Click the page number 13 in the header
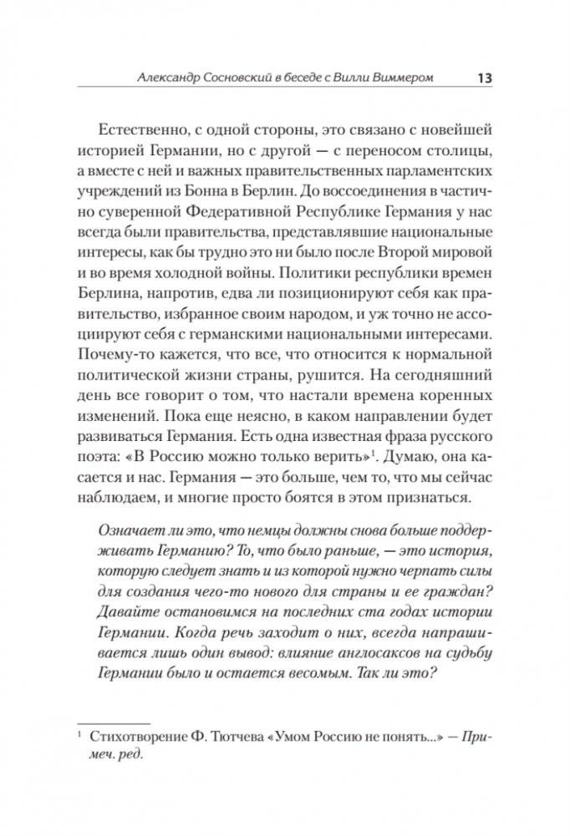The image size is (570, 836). [484, 78]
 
